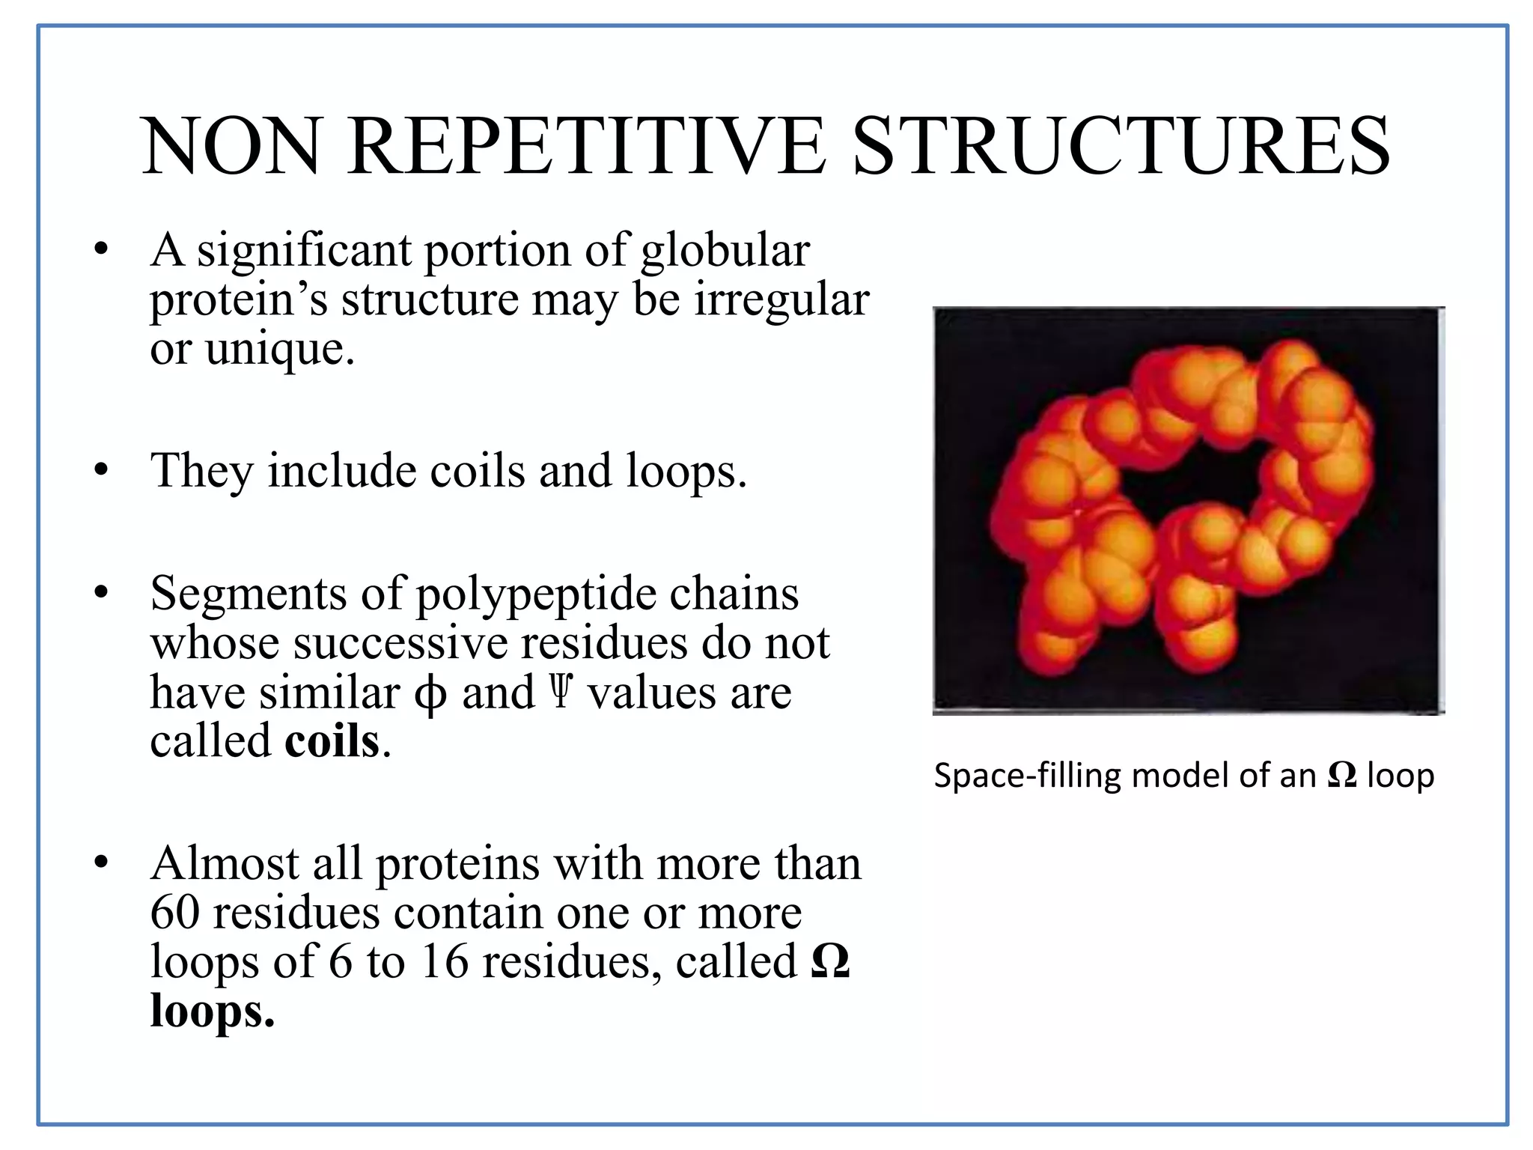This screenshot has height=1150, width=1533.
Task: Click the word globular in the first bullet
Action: coord(725,251)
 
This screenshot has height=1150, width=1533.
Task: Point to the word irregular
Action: coord(781,299)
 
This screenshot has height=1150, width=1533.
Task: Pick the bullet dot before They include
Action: coord(102,471)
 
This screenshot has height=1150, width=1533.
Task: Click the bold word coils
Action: coord(332,741)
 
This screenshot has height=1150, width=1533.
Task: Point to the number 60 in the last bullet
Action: coord(175,913)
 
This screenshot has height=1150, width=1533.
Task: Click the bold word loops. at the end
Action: coord(213,1011)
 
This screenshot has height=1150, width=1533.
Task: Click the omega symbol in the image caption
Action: coord(1342,776)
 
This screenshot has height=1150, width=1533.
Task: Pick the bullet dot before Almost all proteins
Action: coord(102,863)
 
